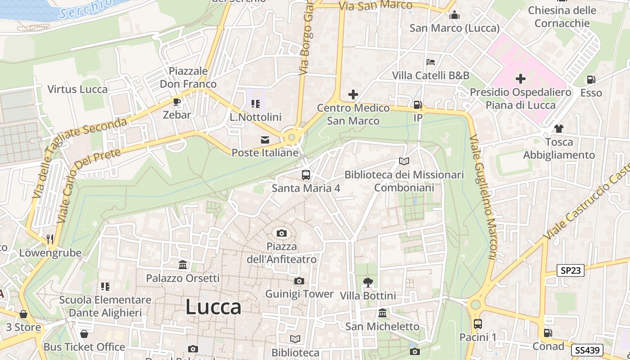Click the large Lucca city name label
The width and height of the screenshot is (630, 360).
tap(213, 307)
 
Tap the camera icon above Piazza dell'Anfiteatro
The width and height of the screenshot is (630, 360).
tap(282, 233)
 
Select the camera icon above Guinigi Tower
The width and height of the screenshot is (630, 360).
tap(299, 281)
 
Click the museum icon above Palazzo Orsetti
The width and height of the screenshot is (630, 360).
tap(183, 265)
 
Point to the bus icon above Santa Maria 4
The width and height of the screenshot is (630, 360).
tap(306, 175)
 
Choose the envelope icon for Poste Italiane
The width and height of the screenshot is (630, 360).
tap(265, 140)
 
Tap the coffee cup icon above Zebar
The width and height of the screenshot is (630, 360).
tap(177, 102)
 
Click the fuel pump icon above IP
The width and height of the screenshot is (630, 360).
tap(418, 105)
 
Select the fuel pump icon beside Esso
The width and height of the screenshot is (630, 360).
tap(591, 80)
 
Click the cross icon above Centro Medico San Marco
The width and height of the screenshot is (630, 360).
tap(353, 94)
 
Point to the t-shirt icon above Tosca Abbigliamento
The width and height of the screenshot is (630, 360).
tap(559, 129)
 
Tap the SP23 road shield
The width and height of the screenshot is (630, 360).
tap(571, 270)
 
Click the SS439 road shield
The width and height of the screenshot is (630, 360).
tap(587, 350)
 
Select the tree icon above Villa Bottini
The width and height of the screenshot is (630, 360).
tap(368, 283)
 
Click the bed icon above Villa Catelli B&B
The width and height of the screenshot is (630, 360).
tap(431, 62)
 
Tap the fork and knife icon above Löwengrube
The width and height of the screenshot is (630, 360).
tap(50, 239)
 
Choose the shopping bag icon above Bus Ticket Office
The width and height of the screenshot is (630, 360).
tap(84, 334)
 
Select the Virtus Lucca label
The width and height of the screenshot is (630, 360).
tap(78, 89)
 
